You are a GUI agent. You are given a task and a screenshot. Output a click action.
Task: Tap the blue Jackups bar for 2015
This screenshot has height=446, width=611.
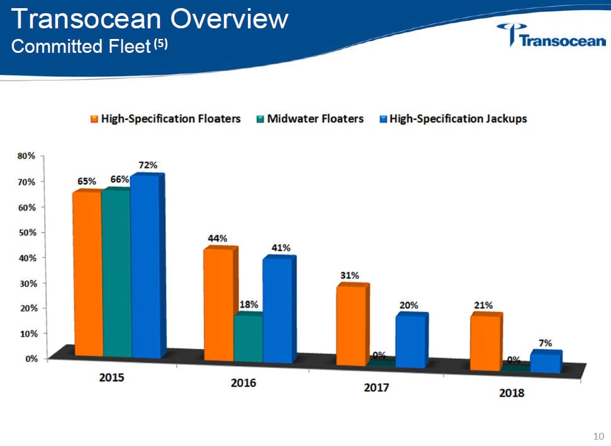click(145, 267)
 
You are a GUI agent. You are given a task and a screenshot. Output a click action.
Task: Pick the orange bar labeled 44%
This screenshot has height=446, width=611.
click(218, 305)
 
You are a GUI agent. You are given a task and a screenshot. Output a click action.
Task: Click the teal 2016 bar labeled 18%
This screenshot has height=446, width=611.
click(248, 338)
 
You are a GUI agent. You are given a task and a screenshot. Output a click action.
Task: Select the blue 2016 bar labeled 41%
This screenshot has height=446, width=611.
click(277, 310)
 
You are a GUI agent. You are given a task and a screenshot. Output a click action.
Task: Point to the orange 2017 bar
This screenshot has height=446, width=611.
click(350, 325)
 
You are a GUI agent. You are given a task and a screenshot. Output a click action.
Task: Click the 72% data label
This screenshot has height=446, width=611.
click(148, 165)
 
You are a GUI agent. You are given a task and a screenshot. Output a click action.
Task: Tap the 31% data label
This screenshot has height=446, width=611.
click(350, 276)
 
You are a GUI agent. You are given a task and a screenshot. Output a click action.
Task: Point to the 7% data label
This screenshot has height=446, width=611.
click(545, 343)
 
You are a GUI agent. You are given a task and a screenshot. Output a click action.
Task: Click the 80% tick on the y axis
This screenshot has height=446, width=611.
click(27, 156)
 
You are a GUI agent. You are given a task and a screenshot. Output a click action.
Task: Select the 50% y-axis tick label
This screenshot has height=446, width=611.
click(27, 233)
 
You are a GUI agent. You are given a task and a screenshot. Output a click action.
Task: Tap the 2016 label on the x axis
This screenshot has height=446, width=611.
click(244, 382)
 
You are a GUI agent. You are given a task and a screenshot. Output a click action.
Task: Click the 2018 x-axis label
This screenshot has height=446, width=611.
click(511, 394)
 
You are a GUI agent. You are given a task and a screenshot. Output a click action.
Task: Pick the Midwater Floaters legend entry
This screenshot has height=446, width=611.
click(310, 118)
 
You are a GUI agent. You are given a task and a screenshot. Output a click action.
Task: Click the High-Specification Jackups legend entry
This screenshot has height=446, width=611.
click(452, 118)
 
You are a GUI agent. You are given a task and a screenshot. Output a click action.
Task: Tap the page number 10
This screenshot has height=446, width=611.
click(598, 436)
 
